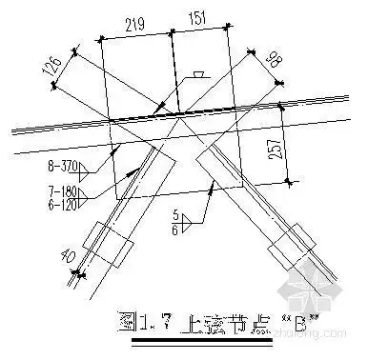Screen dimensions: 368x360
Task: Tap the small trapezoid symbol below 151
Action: point(195,74)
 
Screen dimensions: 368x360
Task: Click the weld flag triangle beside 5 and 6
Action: point(189,220)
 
